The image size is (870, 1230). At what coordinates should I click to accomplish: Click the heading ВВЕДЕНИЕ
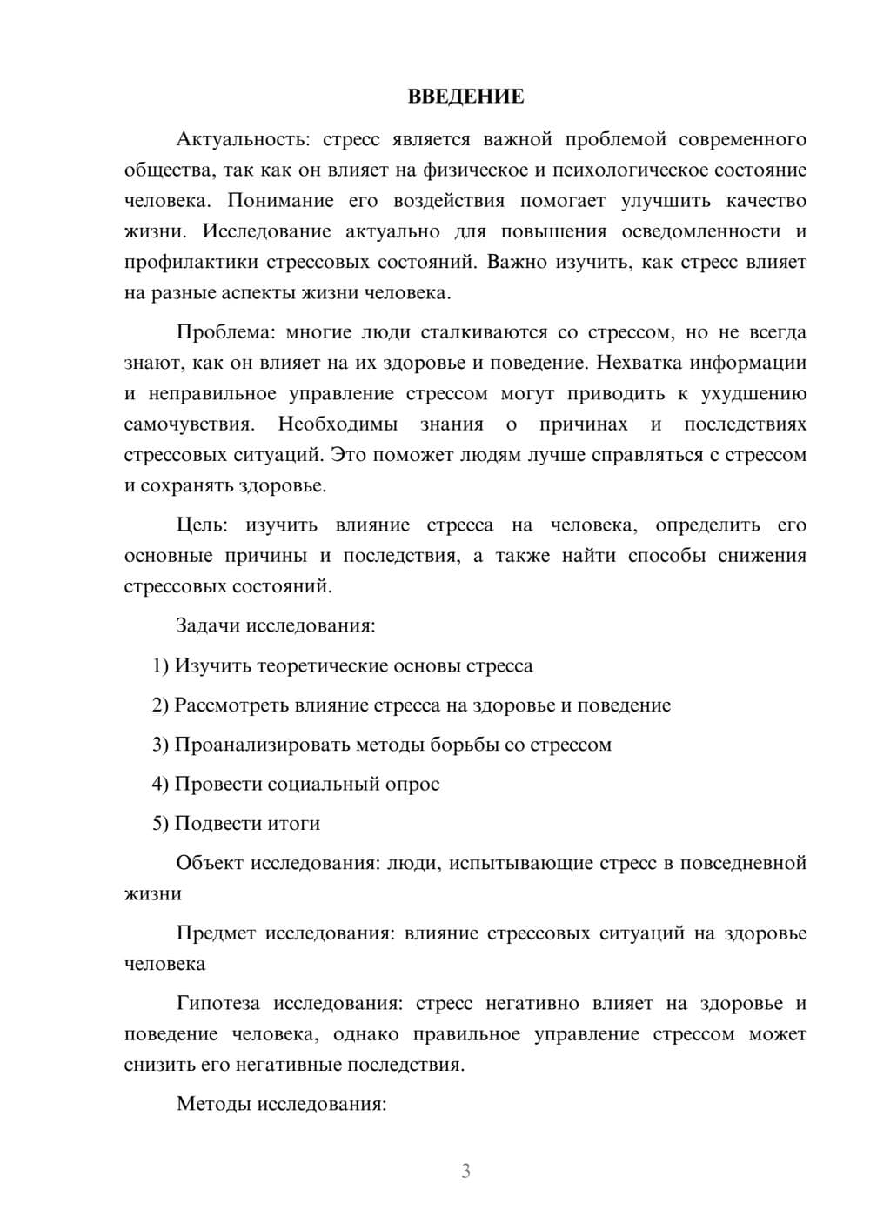465,97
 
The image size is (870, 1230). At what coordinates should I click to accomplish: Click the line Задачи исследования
276,625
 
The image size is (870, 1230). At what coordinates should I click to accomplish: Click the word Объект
209,863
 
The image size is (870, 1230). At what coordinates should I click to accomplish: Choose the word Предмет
216,933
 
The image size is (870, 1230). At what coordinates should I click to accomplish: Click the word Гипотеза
218,1004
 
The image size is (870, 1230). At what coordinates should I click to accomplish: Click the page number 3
465,1171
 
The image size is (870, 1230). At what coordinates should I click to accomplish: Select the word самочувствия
190,424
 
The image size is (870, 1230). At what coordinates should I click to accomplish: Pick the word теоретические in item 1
319,666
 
